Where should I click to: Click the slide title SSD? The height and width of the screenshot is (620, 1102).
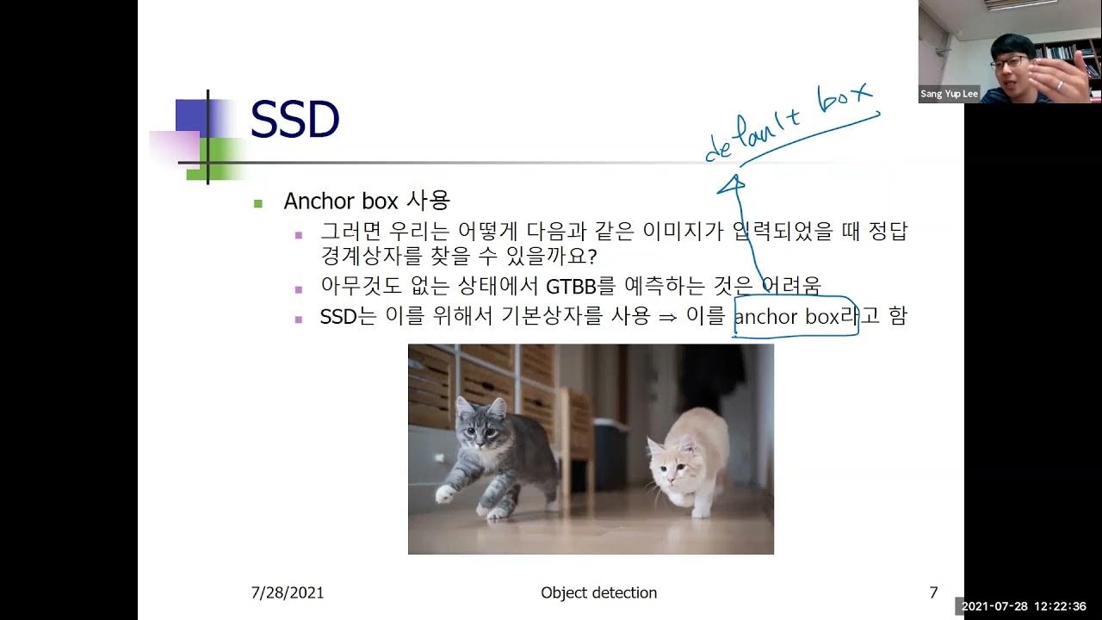tap(294, 121)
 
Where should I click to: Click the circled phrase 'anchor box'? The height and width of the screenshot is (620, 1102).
tap(787, 317)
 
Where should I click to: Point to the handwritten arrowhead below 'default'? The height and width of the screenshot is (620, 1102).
tap(733, 183)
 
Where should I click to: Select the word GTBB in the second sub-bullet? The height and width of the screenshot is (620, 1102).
tap(571, 285)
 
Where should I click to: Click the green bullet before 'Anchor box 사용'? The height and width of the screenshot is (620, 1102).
tap(257, 203)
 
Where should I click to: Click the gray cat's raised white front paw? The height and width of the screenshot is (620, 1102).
tap(445, 493)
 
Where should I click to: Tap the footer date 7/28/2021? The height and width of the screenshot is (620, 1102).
tap(288, 592)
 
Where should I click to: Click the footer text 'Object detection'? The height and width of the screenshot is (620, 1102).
tap(598, 592)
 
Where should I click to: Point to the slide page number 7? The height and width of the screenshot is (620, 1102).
tap(933, 592)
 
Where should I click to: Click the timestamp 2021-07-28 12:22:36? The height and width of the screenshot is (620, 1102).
tap(1029, 606)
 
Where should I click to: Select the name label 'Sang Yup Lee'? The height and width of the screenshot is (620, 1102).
tap(949, 94)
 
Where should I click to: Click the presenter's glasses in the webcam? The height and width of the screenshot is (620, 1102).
tap(1008, 62)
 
